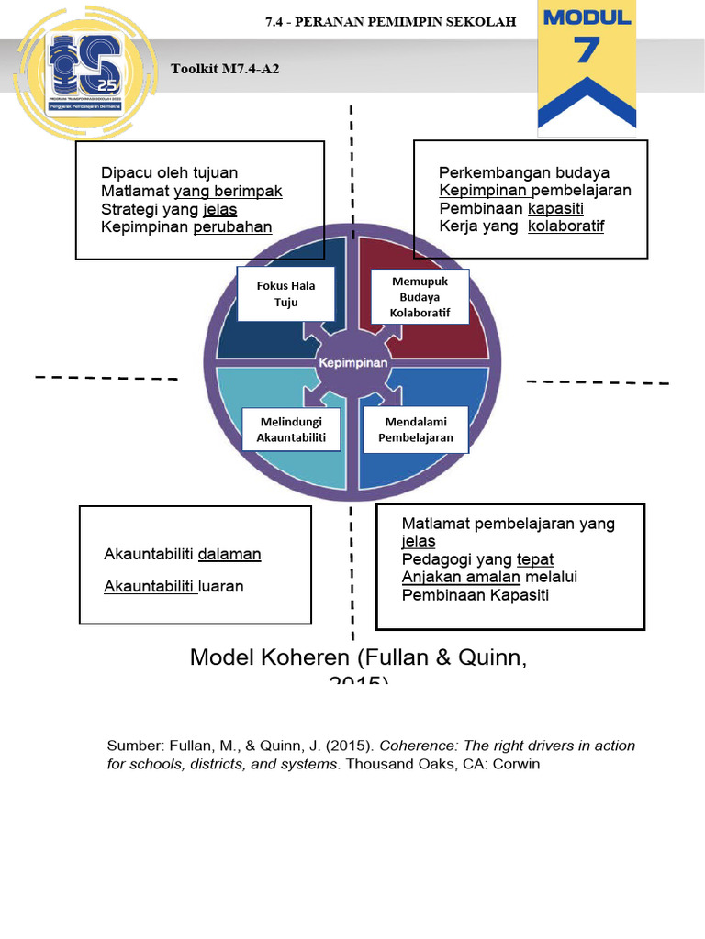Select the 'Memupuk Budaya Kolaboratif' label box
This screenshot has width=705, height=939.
pos(420,297)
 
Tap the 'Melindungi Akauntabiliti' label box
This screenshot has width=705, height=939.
pos(291,429)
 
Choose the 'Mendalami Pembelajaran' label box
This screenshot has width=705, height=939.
pos(416,429)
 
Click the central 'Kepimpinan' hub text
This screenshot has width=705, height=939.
pos(353,362)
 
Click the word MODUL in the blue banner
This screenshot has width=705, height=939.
pos(587,17)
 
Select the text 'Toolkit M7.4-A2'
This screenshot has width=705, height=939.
pos(225,70)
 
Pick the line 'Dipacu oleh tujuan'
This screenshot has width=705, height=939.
pos(169,172)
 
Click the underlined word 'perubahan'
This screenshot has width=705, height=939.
pos(232,227)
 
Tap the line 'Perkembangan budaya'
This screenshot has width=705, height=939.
pos(524,172)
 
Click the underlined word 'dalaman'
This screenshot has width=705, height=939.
pos(229,554)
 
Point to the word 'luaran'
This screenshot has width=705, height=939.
pos(221,586)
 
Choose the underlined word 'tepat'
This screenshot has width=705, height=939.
pos(535,559)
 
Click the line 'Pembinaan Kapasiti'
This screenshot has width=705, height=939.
pos(476,595)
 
